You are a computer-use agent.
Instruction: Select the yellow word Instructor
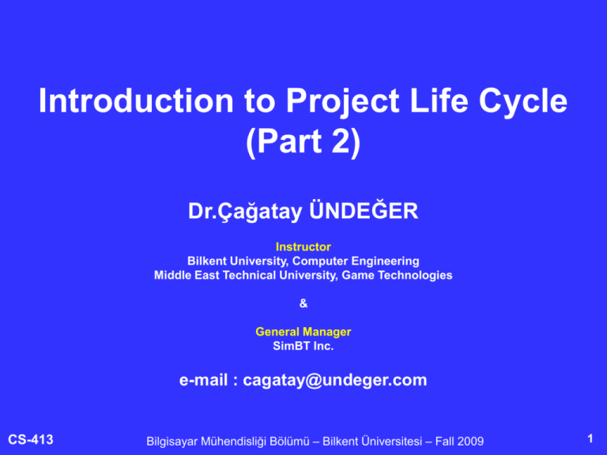[x=303, y=247]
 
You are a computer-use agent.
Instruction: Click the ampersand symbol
[x=303, y=303]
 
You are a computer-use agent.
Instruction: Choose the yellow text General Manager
[x=303, y=333]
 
